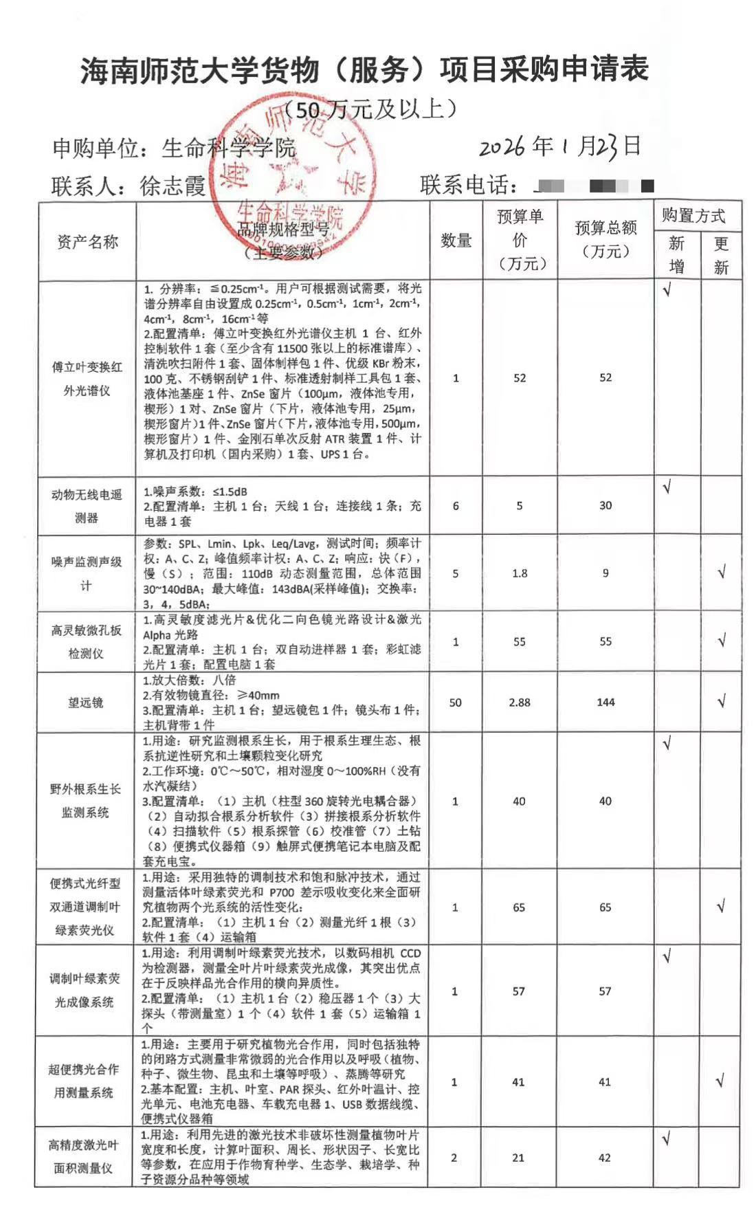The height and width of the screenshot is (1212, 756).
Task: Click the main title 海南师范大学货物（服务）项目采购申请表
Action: [364, 71]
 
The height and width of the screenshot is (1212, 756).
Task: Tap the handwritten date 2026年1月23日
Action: [559, 147]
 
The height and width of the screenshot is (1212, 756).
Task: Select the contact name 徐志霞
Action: [173, 186]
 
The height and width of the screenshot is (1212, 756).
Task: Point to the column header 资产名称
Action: [87, 242]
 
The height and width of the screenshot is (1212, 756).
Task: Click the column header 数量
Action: [456, 241]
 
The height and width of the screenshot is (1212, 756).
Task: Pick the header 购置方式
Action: [693, 216]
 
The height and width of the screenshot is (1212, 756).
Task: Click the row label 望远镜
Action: [86, 703]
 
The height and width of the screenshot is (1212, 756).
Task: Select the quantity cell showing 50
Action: [456, 703]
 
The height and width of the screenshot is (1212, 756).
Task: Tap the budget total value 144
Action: [605, 702]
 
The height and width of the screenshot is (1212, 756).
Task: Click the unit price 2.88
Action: [520, 703]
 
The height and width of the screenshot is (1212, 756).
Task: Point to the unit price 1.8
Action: [520, 573]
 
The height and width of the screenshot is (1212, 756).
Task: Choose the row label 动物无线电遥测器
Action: [87, 506]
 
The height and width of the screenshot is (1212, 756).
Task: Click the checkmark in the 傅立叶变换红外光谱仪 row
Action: [667, 290]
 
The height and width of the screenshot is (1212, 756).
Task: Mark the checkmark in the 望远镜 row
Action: [722, 702]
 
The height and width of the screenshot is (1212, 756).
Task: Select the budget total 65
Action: [605, 907]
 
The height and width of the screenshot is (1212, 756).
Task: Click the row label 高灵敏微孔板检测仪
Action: [86, 641]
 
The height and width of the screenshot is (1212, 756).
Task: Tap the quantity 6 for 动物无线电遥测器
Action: [456, 506]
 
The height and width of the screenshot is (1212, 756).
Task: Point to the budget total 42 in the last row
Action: [605, 1158]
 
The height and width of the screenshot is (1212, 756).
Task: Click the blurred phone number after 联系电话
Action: [594, 186]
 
